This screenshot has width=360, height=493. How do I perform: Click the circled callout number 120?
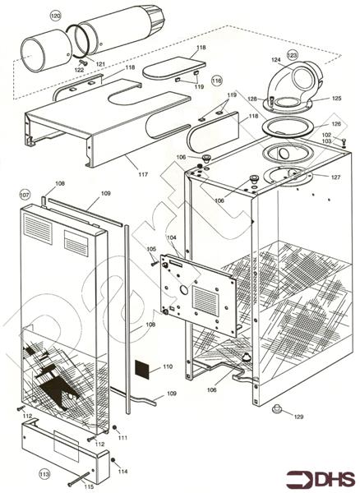coord(55,16)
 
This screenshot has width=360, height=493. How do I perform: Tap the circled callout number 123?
coord(292,55)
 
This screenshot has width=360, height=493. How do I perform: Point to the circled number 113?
coord(44,473)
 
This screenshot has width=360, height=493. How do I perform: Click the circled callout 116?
coord(216,81)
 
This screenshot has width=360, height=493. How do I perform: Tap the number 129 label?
coord(298,417)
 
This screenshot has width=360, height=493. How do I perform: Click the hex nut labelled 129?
coord(276,408)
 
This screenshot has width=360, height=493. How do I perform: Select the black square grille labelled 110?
coord(142,369)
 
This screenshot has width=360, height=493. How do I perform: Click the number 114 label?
coord(122,471)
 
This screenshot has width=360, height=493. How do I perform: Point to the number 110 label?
coord(168,366)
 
